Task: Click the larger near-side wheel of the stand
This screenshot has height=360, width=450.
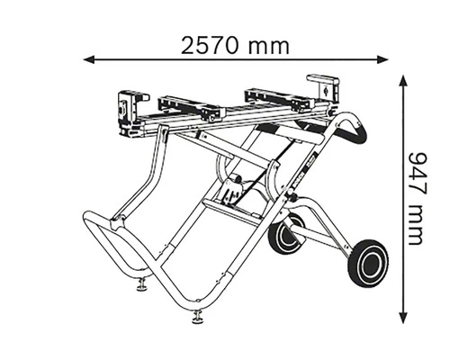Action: pyautogui.click(x=368, y=260)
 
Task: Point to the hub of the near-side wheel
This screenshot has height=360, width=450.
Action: pyautogui.click(x=368, y=260)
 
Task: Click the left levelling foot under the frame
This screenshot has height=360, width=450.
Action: pyautogui.click(x=141, y=287)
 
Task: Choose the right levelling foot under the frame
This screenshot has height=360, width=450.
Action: pyautogui.click(x=197, y=316)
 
